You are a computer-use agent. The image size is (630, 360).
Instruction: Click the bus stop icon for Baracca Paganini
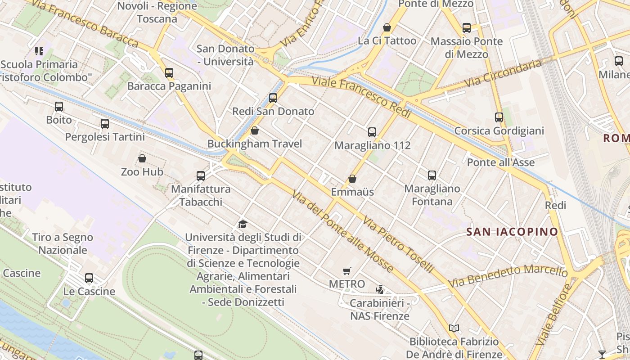tap(169, 73)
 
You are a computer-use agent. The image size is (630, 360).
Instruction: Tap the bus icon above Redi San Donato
tap(273, 98)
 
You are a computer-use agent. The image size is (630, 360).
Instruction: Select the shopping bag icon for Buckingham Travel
tap(255, 131)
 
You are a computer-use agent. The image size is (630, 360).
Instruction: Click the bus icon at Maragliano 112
tap(372, 132)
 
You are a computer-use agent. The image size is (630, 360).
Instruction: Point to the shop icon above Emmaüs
tap(352, 179)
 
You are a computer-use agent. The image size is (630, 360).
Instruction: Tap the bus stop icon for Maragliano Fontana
tap(432, 175)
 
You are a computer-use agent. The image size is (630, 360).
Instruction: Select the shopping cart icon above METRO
tap(346, 271)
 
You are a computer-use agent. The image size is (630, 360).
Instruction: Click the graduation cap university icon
tap(243, 224)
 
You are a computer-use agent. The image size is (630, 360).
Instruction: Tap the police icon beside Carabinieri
tap(380, 290)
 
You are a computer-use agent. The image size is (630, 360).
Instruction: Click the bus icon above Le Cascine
tap(89, 278)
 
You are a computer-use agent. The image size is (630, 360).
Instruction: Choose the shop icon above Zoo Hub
tap(142, 159)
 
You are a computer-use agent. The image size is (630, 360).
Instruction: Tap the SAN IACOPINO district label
tap(512, 232)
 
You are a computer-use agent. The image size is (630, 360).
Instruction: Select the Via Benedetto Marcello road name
tap(508, 276)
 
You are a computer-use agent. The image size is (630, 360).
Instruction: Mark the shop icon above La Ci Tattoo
tap(387, 28)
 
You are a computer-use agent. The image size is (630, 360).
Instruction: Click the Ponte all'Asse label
tap(501, 162)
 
